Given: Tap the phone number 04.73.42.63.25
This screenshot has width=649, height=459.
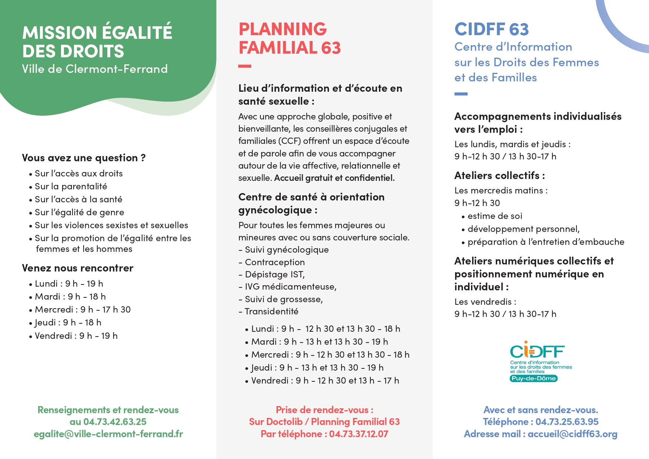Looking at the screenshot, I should tap(115, 422).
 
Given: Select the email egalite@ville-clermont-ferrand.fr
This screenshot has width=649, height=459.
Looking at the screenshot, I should tap(108, 434).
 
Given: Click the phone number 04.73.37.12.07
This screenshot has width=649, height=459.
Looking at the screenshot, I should tap(359, 434).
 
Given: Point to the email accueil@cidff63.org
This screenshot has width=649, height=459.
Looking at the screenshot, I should tap(572, 434).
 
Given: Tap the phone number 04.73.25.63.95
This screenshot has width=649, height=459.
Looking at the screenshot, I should tap(567, 422).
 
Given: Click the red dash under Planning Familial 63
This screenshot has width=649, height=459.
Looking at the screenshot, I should tap(245, 66).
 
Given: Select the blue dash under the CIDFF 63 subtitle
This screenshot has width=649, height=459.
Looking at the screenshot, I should tap(461, 94).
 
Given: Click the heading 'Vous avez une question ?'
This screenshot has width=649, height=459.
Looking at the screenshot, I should tap(84, 158).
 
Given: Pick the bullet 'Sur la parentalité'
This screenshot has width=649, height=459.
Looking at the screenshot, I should tap(71, 186).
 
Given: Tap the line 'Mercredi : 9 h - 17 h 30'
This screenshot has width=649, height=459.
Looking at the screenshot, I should tap(83, 310).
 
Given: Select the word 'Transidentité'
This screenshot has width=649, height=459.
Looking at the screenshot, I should tap(272, 311).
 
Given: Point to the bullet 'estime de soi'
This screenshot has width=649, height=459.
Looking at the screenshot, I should tap(495, 216).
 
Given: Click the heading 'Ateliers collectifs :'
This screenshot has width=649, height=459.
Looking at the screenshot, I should tap(500, 175).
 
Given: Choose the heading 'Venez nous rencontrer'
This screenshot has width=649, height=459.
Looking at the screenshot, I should tap(78, 268).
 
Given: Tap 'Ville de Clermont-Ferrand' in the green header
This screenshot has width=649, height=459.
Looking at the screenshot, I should tap(95, 69).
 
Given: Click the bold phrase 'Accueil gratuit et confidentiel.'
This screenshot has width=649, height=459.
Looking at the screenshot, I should tap(334, 178).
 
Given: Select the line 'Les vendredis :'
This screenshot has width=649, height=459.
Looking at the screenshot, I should tap(485, 302).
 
